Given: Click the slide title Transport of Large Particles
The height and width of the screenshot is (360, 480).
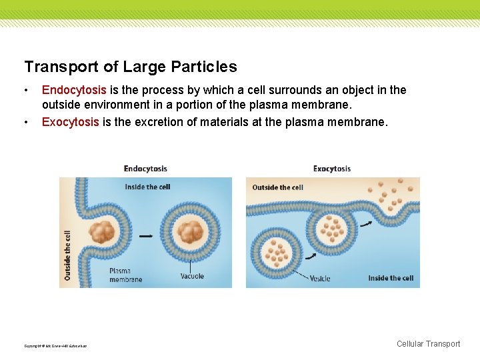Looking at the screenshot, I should [x=130, y=67].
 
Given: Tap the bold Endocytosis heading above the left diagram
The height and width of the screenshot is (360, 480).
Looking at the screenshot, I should [x=145, y=169].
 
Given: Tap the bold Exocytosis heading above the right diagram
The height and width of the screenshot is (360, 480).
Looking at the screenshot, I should [x=332, y=169].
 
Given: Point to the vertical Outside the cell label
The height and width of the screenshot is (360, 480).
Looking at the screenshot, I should [x=67, y=255].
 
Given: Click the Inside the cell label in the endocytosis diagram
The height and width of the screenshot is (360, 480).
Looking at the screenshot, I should [x=147, y=187].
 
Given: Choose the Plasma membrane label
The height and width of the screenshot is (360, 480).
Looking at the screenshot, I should [x=125, y=275].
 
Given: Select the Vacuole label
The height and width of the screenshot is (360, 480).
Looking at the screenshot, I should [x=192, y=276].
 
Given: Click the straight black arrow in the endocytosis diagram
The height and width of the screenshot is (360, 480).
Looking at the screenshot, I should [x=145, y=235].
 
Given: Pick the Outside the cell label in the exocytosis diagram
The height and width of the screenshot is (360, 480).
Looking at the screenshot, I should [x=277, y=187].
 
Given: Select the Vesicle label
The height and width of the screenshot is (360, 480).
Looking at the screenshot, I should [x=320, y=279].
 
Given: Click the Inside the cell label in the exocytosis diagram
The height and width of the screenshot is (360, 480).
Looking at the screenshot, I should [x=391, y=278].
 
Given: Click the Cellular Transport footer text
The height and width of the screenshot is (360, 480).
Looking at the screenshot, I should [x=428, y=344].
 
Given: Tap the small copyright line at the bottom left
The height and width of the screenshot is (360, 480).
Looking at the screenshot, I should [x=55, y=345].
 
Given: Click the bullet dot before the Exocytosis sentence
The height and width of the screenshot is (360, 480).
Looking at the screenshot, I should [x=27, y=121].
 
